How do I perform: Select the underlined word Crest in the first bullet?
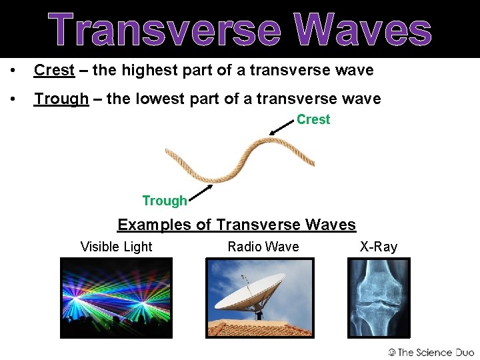click(x=54, y=70)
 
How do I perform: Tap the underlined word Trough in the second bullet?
click(x=61, y=99)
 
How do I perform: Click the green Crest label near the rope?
click(x=313, y=120)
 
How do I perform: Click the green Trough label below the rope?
click(x=164, y=201)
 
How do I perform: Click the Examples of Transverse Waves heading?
click(x=237, y=225)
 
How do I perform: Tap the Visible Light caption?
click(x=116, y=247)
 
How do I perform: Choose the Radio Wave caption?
click(x=263, y=247)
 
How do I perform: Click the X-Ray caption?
click(x=379, y=247)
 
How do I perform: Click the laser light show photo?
click(x=116, y=298)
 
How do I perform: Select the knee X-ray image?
click(x=379, y=298)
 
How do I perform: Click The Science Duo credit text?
click(x=431, y=352)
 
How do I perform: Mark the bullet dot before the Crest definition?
click(x=12, y=71)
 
